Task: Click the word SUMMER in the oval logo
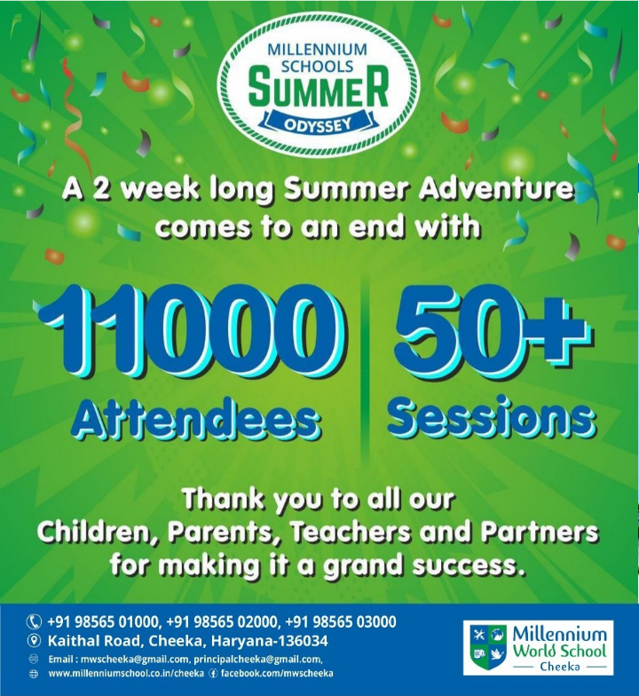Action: point(318,91)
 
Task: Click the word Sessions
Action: point(493,418)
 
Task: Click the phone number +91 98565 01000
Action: point(103,621)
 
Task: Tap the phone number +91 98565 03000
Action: point(341,621)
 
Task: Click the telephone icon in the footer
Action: point(34,621)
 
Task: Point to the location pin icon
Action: point(34,641)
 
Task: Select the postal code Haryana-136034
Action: point(270,641)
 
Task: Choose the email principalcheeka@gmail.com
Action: point(257,660)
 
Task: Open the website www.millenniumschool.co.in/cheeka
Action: point(126,673)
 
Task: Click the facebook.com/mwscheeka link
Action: point(277,673)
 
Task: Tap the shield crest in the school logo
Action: point(488,648)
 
